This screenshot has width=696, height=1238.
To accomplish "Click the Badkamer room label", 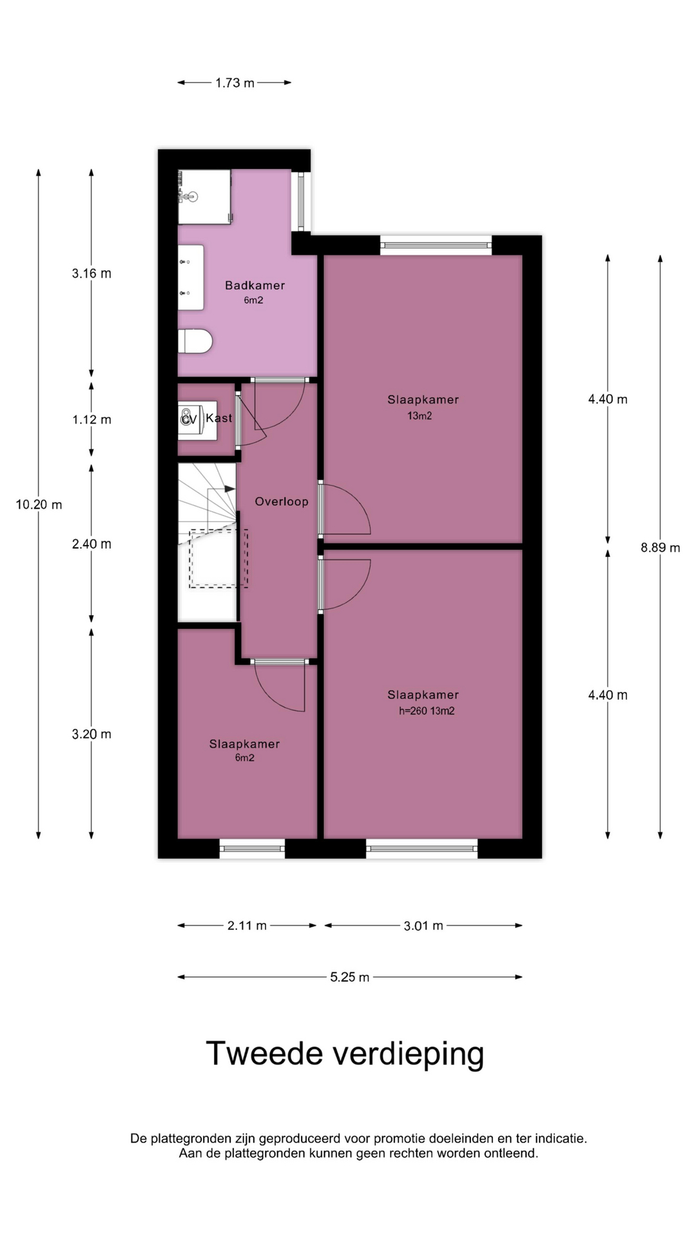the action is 255,285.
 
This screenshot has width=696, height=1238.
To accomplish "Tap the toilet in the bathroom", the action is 195,341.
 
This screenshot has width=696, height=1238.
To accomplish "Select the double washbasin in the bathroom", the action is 191,277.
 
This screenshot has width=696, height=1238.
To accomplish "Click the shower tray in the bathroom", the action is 204,197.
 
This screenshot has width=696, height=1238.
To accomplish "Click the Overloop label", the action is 282,502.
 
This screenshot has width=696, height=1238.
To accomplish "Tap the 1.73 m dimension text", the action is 235,83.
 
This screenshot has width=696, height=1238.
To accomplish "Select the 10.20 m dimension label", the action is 39,504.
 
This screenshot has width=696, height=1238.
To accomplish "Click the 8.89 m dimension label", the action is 660,547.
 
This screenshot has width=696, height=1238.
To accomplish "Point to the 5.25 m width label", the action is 350,977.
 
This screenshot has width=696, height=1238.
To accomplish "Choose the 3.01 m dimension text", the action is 423,926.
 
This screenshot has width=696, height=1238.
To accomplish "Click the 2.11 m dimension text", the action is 247,926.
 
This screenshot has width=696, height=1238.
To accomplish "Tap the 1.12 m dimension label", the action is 92,420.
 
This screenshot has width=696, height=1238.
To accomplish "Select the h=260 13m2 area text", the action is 427,711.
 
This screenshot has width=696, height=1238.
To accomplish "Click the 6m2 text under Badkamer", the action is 253,300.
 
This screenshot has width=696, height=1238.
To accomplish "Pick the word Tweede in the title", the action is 264,1054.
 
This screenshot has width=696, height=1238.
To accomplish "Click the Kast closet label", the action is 219,418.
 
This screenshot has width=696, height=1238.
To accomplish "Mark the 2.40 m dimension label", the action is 92,544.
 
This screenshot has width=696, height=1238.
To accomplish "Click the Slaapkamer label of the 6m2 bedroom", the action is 244,744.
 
